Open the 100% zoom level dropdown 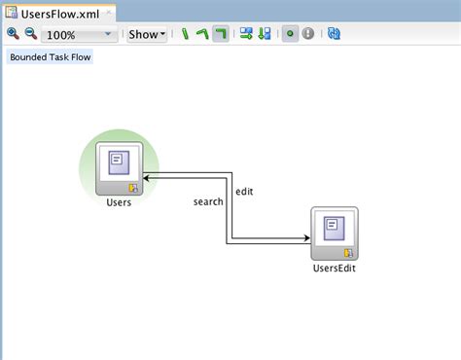pyautogui.click(x=107, y=34)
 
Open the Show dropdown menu pyautogui.click(x=147, y=34)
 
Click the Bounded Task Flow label pyautogui.click(x=50, y=57)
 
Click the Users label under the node pyautogui.click(x=119, y=202)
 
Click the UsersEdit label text pyautogui.click(x=334, y=268)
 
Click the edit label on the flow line pyautogui.click(x=244, y=192)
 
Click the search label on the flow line pyautogui.click(x=208, y=201)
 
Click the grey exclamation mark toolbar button pyautogui.click(x=308, y=34)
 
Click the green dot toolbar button pyautogui.click(x=289, y=34)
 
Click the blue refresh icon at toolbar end pyautogui.click(x=335, y=34)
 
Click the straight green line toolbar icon pyautogui.click(x=185, y=34)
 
